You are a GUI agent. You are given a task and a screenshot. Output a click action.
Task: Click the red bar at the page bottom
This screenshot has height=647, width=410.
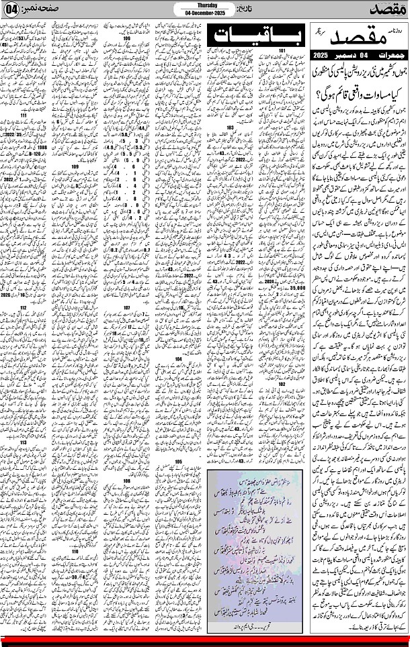coord(205,638)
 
